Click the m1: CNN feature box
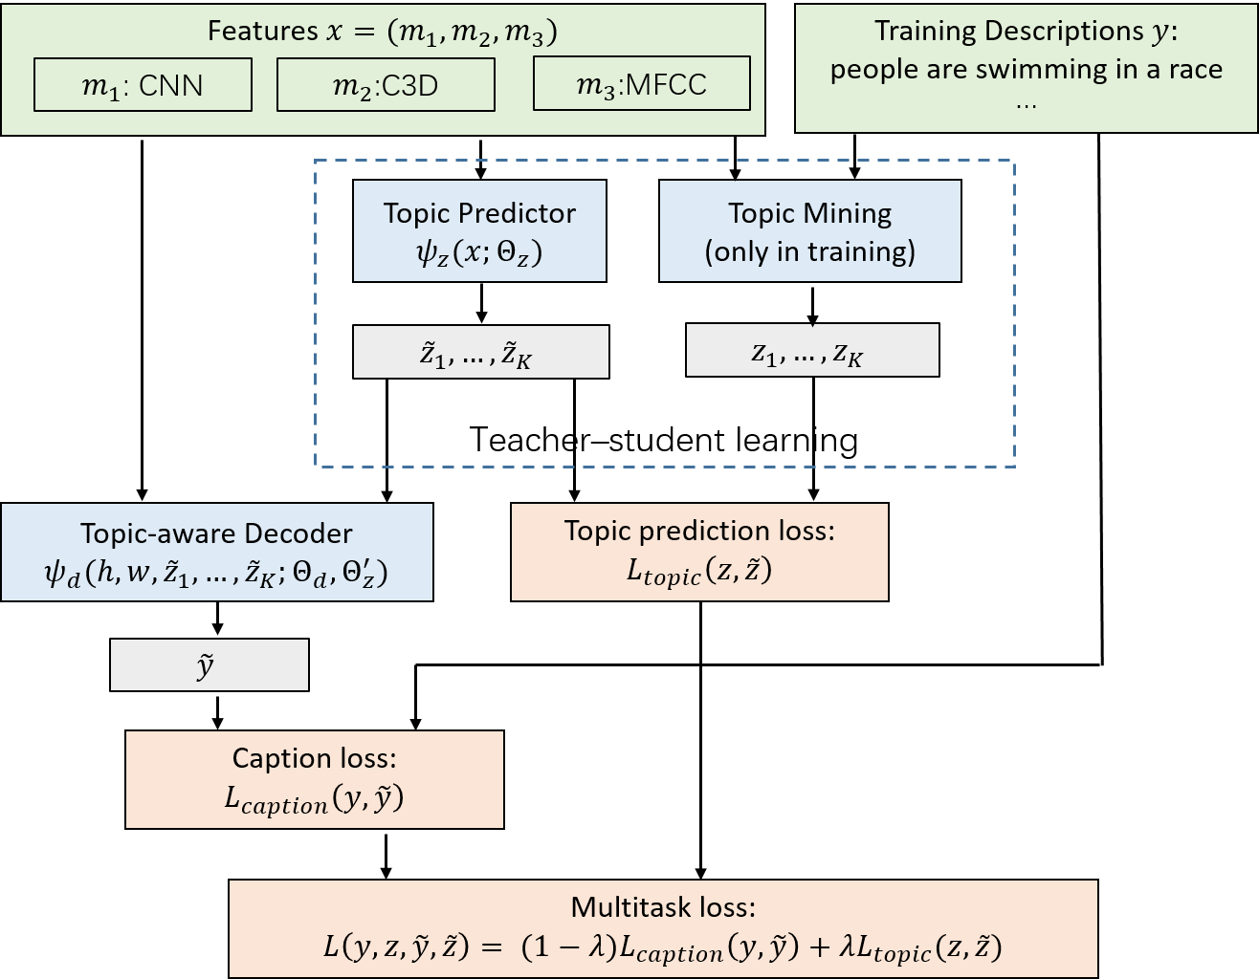point(143,85)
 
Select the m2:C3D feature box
point(386,85)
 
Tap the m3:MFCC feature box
point(641,85)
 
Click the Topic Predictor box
point(479,230)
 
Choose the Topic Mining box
point(809,230)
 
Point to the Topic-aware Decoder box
point(216,552)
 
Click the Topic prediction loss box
point(699,552)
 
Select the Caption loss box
point(314,779)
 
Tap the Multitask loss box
point(663,928)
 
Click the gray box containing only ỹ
point(209,664)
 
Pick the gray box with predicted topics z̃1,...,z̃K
point(480,352)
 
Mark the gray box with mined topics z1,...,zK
point(811,350)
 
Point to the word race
point(1195,70)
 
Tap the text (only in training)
point(809,251)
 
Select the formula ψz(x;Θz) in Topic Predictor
point(479,252)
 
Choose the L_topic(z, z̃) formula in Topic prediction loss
point(699,571)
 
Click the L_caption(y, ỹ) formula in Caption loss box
point(314,798)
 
